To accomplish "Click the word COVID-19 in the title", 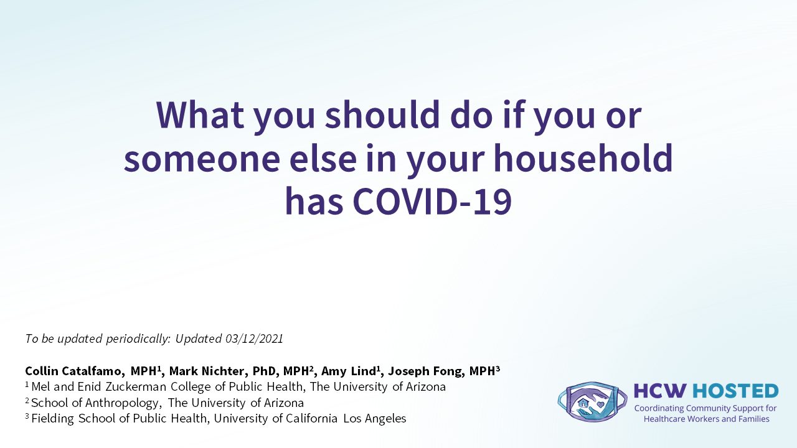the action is (432, 201).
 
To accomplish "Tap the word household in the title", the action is (583, 158).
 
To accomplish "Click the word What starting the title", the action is (200, 114).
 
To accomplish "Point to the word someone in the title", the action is (202, 159).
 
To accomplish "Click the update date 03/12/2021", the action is (255, 338).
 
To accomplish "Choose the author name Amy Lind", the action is (348, 371).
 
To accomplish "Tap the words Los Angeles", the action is (375, 419).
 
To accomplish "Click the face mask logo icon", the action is (592, 402).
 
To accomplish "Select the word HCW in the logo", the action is (661, 391).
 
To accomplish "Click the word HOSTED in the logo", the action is (735, 391).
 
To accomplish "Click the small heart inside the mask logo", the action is (600, 404).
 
